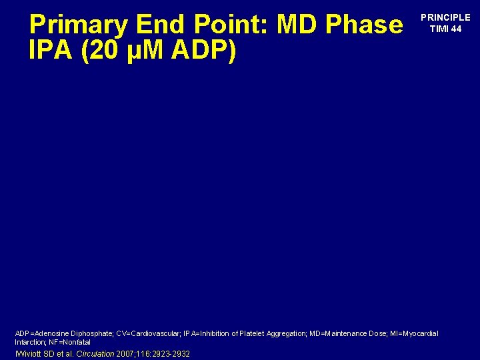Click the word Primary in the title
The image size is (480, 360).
[x=79, y=25]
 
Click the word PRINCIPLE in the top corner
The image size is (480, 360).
[x=445, y=18]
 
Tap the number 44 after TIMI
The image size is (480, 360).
[x=455, y=29]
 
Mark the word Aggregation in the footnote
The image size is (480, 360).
[x=287, y=333]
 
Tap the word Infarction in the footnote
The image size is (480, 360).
[x=30, y=342]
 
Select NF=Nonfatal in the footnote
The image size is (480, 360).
[x=69, y=342]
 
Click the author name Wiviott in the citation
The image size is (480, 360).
[x=30, y=353]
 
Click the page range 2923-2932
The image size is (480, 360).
[x=172, y=353]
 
